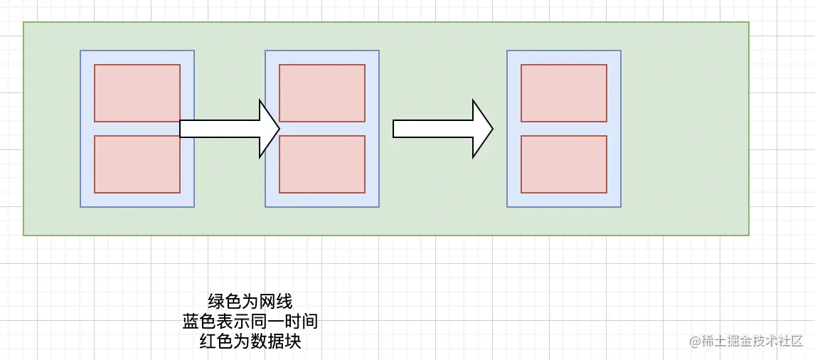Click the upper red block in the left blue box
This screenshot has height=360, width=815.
[x=137, y=92]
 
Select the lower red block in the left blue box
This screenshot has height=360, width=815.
[x=137, y=164]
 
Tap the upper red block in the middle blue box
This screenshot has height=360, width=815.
[x=322, y=92]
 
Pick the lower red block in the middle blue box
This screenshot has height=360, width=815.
[x=322, y=164]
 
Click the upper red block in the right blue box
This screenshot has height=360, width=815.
[x=564, y=92]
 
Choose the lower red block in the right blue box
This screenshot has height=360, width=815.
[x=564, y=164]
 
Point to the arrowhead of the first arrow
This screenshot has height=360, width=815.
[x=270, y=129]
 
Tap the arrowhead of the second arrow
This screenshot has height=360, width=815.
[x=483, y=129]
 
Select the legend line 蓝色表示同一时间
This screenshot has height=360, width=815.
[x=250, y=322]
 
